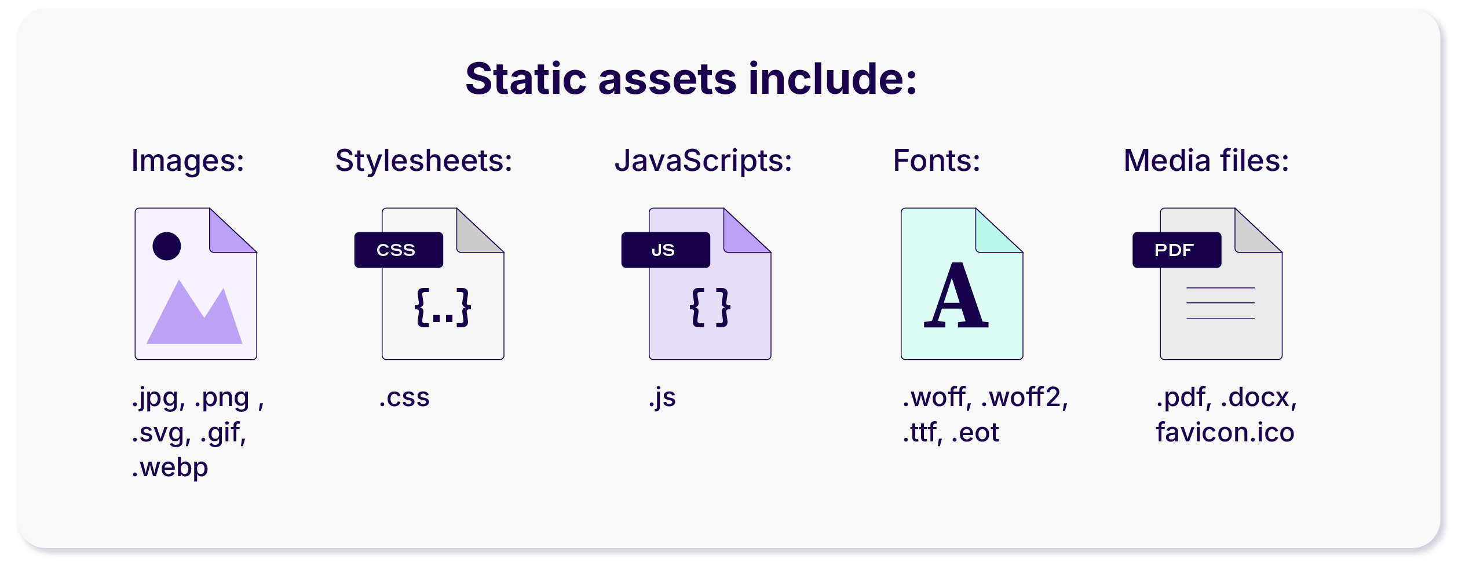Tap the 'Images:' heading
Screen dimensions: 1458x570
pos(188,160)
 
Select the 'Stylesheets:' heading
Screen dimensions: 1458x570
pos(424,160)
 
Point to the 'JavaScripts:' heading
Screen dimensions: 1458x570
pos(703,160)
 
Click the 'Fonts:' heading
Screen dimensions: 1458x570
pos(937,160)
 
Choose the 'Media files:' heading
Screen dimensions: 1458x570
pos(1207,160)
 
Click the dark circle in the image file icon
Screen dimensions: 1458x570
pos(167,246)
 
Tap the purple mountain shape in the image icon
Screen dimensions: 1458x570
pos(195,312)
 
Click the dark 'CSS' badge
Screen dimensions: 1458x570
pos(399,250)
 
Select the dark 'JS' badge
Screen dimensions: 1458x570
pos(666,250)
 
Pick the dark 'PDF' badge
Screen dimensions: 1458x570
pos(1177,250)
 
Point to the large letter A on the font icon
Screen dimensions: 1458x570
pos(956,295)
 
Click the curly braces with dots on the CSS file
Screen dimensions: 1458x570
pos(443,308)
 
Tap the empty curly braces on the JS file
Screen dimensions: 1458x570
pos(710,308)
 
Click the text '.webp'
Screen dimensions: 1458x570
pos(170,467)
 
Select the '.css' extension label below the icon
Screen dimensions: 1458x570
pos(404,397)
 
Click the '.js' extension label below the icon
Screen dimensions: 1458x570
pos(662,398)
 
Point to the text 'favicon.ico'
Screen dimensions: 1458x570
pos(1225,432)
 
